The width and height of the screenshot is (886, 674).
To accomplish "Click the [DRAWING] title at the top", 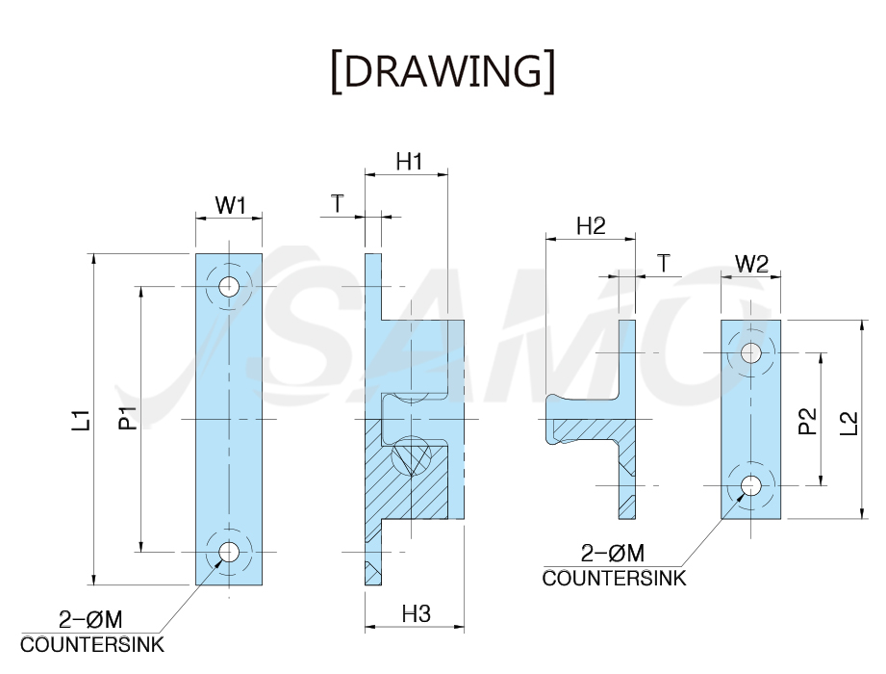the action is [443, 71].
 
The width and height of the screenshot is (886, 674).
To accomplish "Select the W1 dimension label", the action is [231, 205].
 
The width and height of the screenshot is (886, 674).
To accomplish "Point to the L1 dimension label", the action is [82, 420].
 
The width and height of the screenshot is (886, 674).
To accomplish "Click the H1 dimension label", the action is [409, 162].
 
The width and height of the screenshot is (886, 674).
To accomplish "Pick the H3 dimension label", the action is [417, 613].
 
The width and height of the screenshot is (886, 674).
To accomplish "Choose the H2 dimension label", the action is [591, 226].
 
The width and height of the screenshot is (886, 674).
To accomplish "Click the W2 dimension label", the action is [751, 264].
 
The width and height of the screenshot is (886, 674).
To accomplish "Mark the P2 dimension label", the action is [808, 421].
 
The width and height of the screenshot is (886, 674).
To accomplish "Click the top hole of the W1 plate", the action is [229, 286].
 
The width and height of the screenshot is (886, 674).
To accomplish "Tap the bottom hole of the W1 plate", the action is [229, 552].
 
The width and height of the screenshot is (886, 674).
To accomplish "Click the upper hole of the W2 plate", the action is [750, 352].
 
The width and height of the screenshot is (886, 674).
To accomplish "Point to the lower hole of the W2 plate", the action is [750, 485].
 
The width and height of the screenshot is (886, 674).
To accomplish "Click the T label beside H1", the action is [338, 203].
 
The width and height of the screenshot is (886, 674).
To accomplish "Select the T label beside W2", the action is [664, 264].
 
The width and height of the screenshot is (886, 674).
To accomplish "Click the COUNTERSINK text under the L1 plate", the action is [92, 644].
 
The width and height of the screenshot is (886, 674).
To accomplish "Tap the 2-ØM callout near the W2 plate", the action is [613, 553].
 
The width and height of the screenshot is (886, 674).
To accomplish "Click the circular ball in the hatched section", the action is [411, 455].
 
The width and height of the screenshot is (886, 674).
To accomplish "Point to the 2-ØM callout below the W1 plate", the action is [90, 620].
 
